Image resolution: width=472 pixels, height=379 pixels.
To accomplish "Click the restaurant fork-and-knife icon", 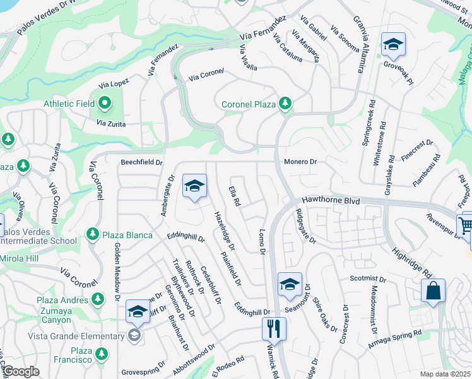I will point(274,328).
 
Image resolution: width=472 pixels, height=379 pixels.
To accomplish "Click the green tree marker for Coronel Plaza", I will point(286,103).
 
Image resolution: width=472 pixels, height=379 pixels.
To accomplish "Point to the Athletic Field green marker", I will point(104,104).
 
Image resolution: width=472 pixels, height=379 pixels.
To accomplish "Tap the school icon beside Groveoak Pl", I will point(393,44).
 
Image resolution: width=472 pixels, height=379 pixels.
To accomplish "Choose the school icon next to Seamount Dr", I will point(290,284).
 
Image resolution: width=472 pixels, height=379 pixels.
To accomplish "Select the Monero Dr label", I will point(300,162).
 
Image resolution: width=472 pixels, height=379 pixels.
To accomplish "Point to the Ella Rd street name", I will point(234,196).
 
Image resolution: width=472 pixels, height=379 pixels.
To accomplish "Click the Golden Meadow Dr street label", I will point(117,268).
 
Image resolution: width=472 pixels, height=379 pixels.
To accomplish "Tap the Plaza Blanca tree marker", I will point(93,235).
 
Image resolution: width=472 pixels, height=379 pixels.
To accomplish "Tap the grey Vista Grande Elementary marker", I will point(134,336).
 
